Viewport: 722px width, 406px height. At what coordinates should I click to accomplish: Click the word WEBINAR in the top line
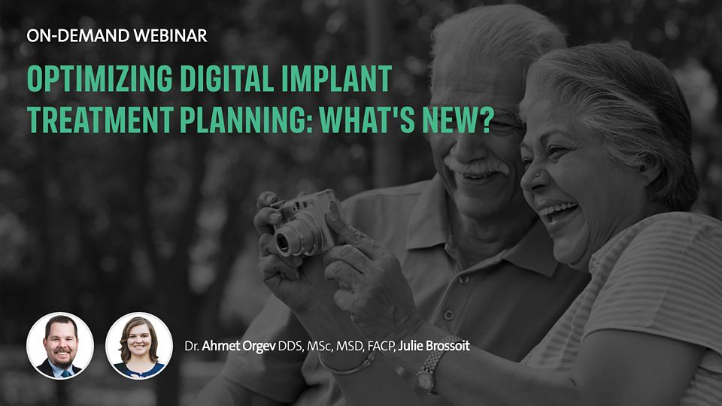(x=171, y=36)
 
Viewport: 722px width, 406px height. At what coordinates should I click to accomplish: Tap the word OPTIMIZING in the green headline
(x=100, y=78)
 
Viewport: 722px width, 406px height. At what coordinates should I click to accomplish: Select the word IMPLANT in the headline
(x=337, y=78)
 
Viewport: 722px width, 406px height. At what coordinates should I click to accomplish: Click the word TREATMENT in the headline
(x=100, y=120)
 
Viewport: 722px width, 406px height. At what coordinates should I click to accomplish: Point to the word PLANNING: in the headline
(x=247, y=120)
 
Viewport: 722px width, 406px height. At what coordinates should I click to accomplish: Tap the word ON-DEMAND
(x=78, y=36)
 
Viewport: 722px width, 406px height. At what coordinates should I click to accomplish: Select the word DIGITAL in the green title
(x=227, y=78)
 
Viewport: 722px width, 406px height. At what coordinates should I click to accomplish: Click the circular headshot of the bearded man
(x=60, y=346)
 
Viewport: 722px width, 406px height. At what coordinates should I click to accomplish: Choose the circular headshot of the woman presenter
(x=139, y=346)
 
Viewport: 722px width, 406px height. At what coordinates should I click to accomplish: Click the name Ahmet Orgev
(x=238, y=346)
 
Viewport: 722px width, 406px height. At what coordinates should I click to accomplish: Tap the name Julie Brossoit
(x=434, y=346)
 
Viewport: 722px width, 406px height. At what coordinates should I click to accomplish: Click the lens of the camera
(x=283, y=242)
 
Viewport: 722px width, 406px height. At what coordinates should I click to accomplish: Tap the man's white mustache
(x=478, y=168)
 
